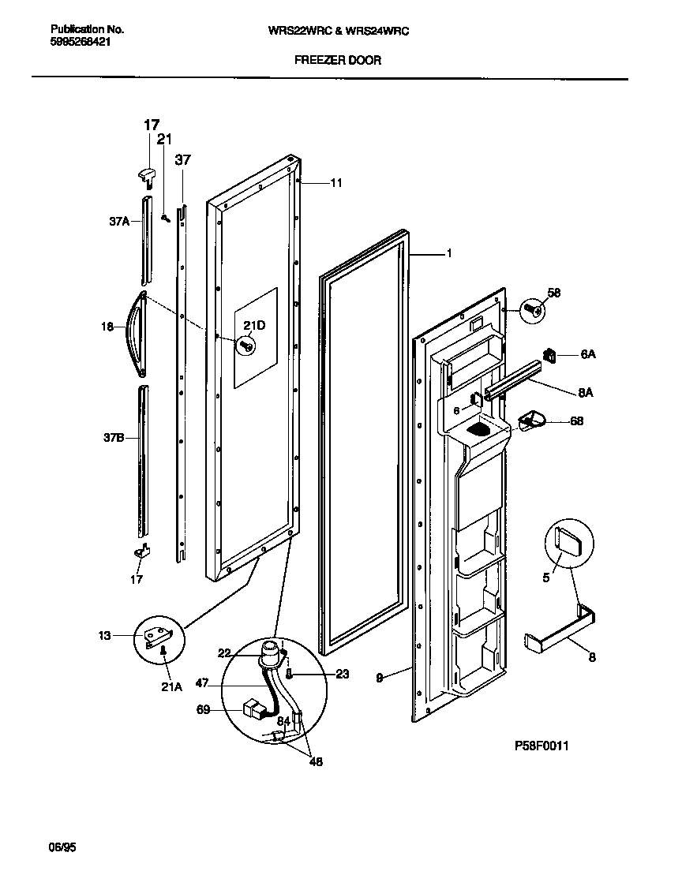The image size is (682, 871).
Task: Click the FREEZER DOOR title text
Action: (x=338, y=60)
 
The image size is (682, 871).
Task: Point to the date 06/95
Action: (x=62, y=849)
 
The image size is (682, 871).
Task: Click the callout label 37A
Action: (x=119, y=222)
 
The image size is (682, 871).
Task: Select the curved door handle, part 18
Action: (x=138, y=332)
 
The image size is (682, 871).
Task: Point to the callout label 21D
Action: (x=253, y=327)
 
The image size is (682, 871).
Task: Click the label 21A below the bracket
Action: (x=171, y=687)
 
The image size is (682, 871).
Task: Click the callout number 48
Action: (x=315, y=762)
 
